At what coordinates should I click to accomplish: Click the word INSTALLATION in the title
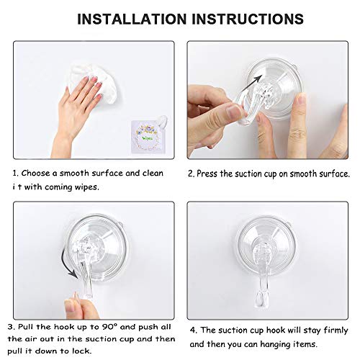132,19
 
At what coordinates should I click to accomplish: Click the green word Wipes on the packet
148,138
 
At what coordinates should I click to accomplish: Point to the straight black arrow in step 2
251,84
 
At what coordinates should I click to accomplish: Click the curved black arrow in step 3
68,264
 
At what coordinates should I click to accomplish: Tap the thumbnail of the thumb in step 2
234,112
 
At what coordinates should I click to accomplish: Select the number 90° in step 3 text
110,327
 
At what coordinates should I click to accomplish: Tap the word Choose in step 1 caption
36,174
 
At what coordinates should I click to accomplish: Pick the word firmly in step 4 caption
336,330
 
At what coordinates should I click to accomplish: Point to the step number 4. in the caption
194,330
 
